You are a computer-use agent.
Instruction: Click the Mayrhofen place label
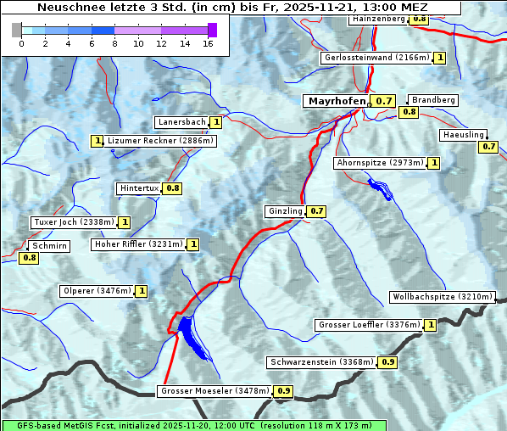click(337, 101)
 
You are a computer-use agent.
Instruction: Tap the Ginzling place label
click(285, 211)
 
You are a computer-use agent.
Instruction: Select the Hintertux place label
click(139, 188)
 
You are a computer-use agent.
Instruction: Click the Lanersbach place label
click(181, 122)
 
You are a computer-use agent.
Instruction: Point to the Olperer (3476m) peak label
click(97, 291)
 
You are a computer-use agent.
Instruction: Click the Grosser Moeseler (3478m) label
click(214, 391)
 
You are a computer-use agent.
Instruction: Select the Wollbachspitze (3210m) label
click(441, 297)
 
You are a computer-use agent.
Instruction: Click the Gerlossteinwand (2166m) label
click(376, 58)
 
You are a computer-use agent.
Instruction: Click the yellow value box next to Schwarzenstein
click(388, 362)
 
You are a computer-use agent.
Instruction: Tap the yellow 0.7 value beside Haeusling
click(488, 147)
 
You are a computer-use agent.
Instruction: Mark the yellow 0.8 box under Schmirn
click(29, 257)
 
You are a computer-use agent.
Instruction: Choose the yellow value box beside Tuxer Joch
click(125, 222)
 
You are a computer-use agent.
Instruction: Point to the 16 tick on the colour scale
click(209, 43)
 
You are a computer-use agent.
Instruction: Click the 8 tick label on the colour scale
click(114, 43)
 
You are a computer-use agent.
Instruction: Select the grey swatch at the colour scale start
click(17, 30)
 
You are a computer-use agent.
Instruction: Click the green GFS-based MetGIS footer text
click(193, 425)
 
